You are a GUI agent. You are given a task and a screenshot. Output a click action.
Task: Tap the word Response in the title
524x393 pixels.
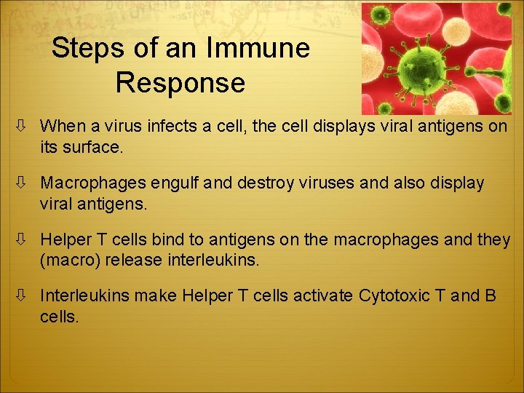click(180, 83)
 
